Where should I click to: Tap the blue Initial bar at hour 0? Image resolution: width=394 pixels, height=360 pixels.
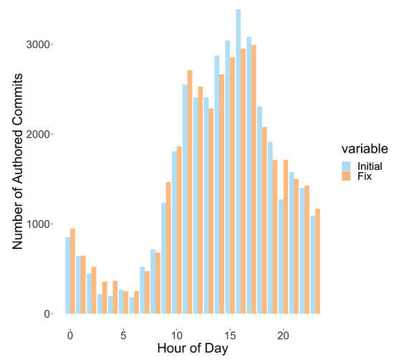tap(68, 275)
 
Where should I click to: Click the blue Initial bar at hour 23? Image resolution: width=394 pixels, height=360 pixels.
tap(312, 265)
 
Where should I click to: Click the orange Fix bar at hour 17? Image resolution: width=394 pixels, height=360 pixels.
tap(254, 179)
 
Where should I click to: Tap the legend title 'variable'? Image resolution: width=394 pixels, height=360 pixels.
tap(364, 149)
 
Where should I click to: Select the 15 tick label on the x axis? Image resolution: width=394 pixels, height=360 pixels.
tap(230, 335)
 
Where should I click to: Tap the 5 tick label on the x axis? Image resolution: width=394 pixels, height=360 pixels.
tap(123, 335)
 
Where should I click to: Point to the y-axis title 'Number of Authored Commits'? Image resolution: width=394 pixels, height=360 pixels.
tap(18, 179)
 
